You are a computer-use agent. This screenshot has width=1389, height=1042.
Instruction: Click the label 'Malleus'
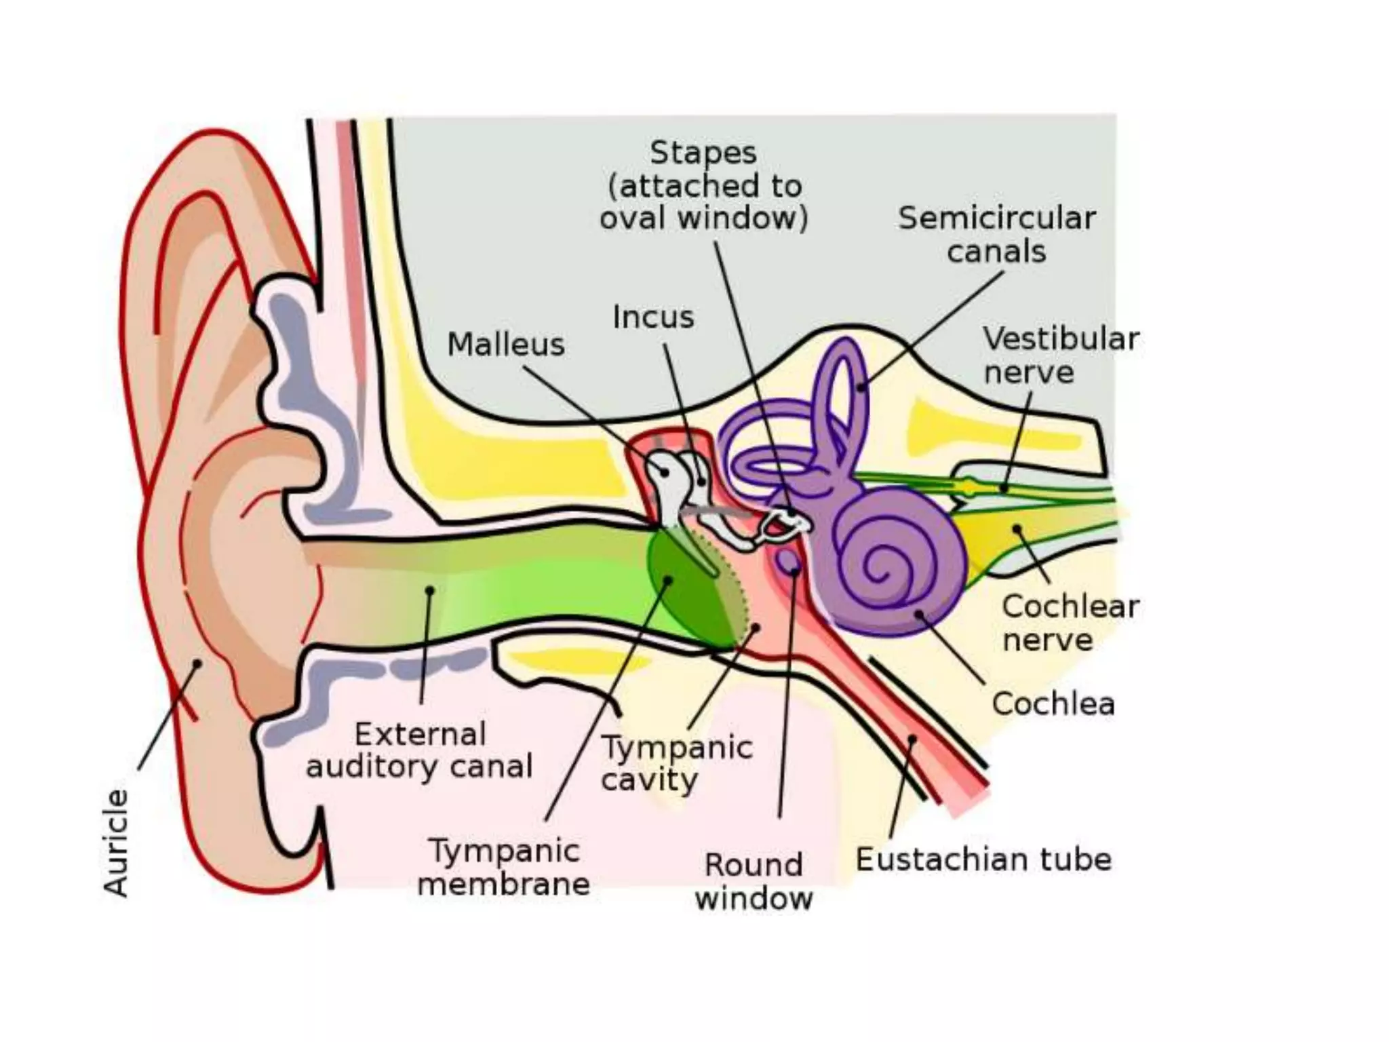tap(506, 345)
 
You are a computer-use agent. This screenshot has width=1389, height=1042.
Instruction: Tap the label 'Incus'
tap(653, 317)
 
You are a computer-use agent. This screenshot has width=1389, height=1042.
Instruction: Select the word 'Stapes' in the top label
tap(703, 153)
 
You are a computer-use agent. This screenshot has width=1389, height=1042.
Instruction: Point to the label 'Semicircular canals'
tap(996, 235)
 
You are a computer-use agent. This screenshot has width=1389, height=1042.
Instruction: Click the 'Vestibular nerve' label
tap(1061, 355)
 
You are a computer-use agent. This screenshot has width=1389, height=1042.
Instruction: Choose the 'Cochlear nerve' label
tap(1070, 623)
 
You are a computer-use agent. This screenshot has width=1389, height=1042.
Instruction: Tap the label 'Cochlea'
tap(1053, 703)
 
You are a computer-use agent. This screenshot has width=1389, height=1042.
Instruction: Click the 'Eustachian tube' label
tap(983, 860)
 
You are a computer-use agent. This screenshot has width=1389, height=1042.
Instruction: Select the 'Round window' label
tap(754, 881)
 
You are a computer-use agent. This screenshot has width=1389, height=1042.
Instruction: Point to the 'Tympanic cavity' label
tap(677, 763)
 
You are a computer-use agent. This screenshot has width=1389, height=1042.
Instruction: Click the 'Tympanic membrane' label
tap(504, 867)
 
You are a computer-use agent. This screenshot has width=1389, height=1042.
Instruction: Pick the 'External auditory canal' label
tap(419, 750)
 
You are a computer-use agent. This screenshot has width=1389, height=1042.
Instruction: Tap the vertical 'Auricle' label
tap(116, 843)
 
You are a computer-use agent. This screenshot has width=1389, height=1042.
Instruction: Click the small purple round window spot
tap(788, 560)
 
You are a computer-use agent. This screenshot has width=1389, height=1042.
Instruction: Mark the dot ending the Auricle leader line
tap(197, 663)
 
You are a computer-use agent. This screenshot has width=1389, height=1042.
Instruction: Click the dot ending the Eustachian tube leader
tap(912, 739)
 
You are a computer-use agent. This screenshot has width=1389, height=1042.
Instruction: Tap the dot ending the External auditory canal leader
tap(429, 591)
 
